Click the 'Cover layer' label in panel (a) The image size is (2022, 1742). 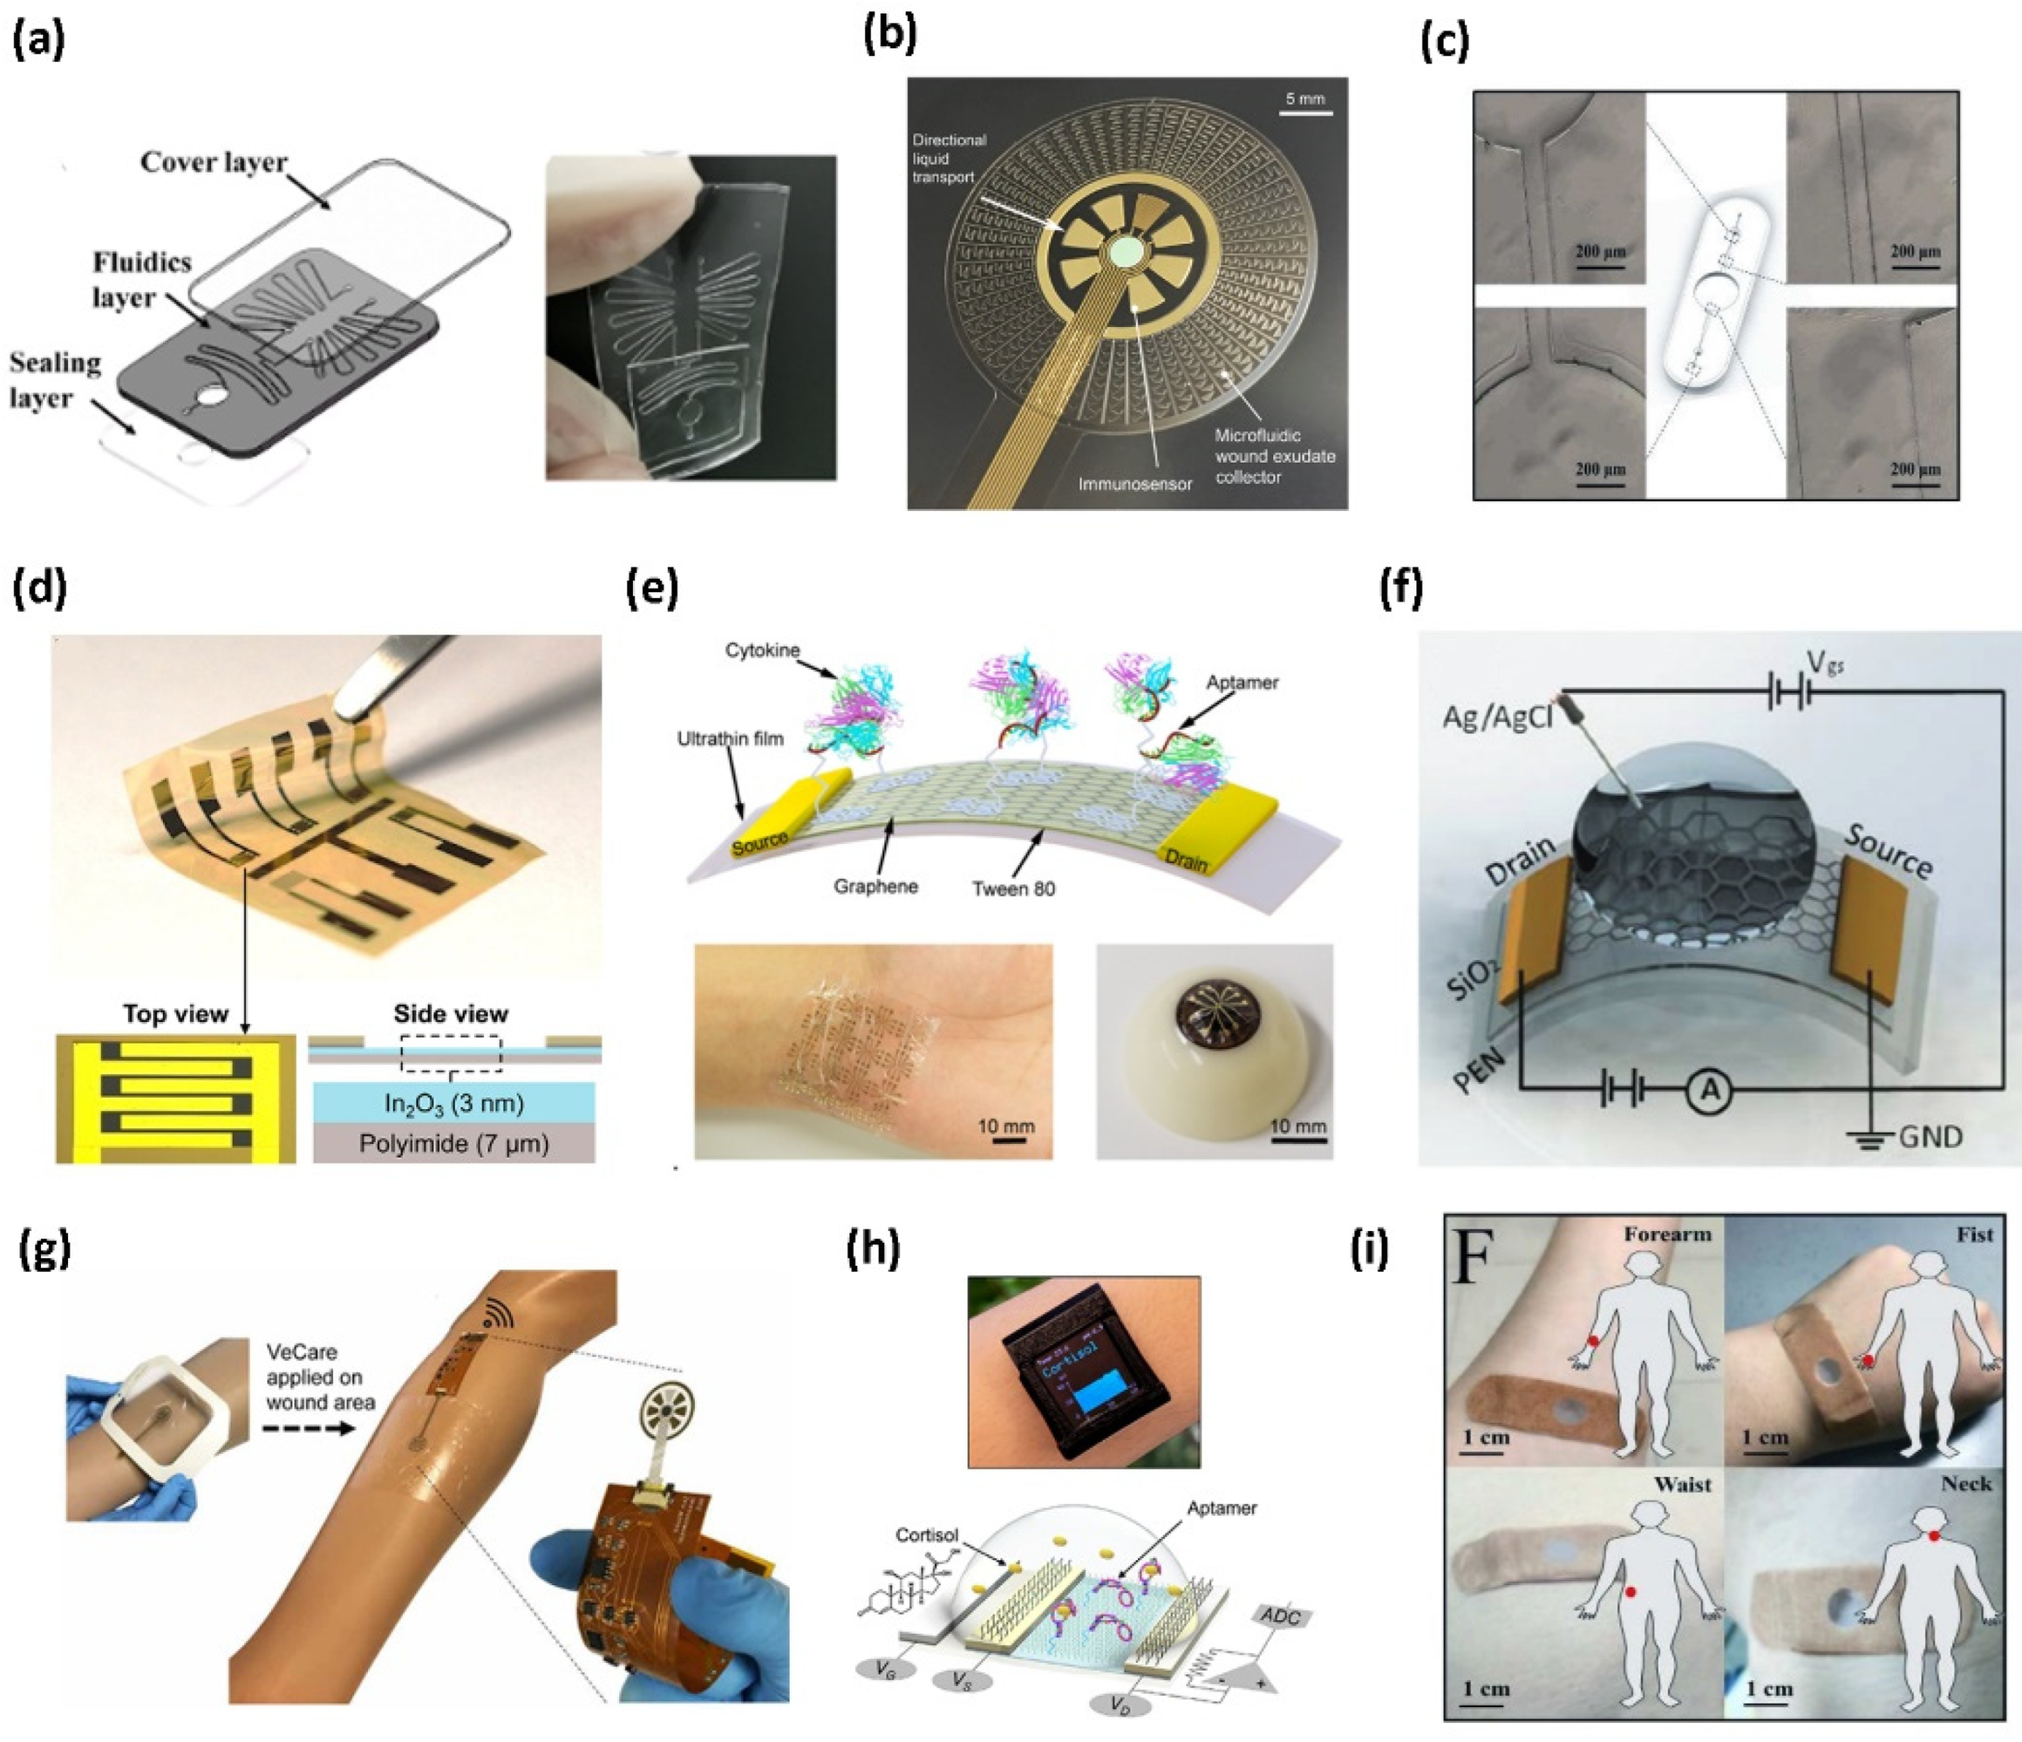(213, 162)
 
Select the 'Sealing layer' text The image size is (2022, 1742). (55, 379)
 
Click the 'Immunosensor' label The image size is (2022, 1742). (1135, 483)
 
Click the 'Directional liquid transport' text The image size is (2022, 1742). (949, 158)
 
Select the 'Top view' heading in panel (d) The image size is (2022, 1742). (175, 1014)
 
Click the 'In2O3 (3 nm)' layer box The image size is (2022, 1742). (453, 1103)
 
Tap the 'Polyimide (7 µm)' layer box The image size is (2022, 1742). (453, 1143)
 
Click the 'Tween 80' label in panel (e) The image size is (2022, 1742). (1013, 888)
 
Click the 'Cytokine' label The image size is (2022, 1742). (762, 650)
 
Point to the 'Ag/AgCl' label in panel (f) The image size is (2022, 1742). (1497, 719)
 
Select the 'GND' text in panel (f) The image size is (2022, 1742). (1930, 1137)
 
